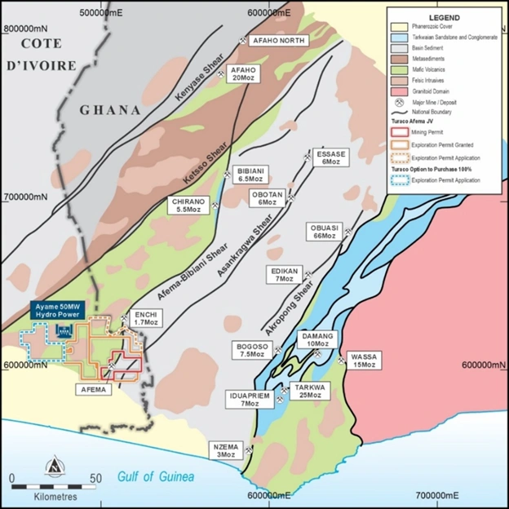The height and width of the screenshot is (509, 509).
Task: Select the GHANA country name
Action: pyautogui.click(x=109, y=110)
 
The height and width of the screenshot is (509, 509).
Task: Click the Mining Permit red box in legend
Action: pyautogui.click(x=399, y=133)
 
